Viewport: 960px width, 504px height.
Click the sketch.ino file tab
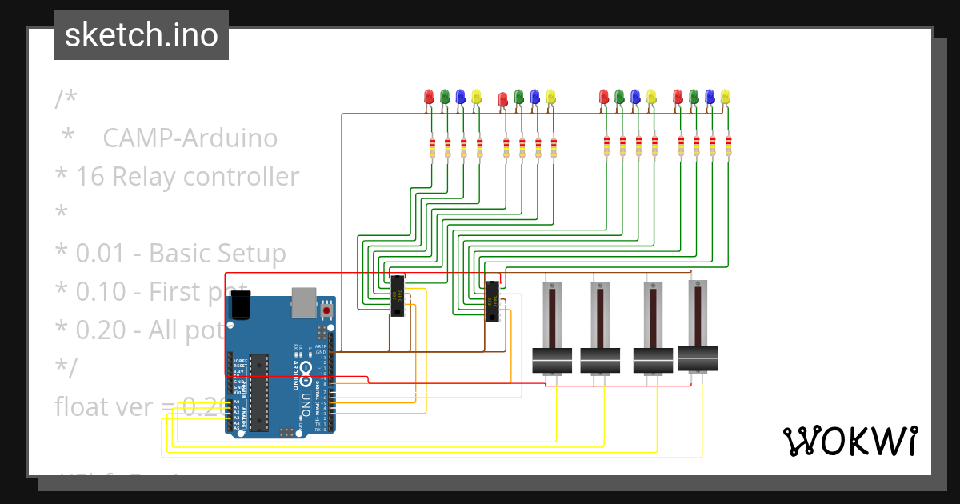pos(141,35)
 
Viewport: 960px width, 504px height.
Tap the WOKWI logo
pos(849,441)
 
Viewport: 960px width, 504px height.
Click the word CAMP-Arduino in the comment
pos(190,138)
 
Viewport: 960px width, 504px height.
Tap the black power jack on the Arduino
pos(240,305)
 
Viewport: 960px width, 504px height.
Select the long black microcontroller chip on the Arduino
pos(258,390)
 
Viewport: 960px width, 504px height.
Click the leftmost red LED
pos(429,97)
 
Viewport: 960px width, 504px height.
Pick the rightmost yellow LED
pos(726,96)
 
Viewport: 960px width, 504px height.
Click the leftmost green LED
pos(445,97)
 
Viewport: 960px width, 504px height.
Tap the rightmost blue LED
pos(710,96)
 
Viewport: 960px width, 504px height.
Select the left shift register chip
pos(396,295)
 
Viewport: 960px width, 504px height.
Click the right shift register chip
pos(492,301)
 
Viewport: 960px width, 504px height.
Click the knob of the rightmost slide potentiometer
pos(697,358)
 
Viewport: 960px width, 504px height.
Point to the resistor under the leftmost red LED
pos(432,148)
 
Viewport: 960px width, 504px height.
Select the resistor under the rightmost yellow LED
pos(728,146)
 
